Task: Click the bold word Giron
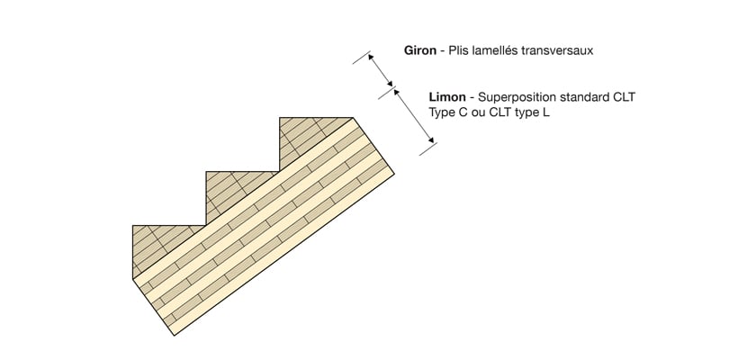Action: [420, 51]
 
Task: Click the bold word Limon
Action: [448, 96]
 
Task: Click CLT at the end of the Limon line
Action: [624, 96]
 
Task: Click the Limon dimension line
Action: [413, 113]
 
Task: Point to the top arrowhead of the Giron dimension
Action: [368, 56]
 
